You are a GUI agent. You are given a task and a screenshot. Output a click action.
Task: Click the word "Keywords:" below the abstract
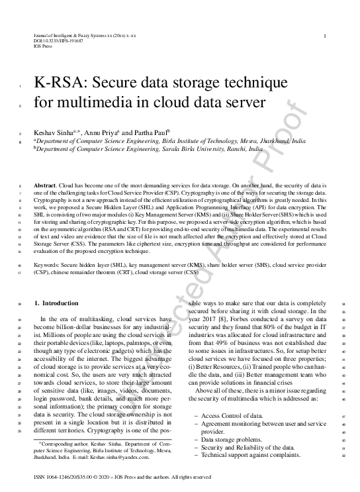tap(48, 264)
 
